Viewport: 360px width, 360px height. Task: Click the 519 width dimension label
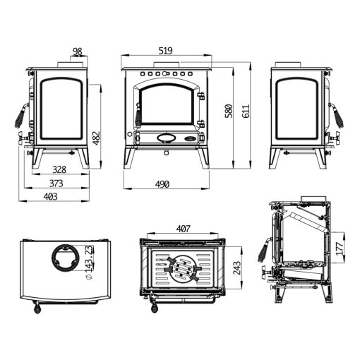pyautogui.click(x=165, y=51)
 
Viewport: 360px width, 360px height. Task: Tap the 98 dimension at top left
pyautogui.click(x=77, y=52)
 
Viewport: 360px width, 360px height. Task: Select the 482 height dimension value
pyautogui.click(x=96, y=138)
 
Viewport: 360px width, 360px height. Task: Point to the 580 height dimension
pyautogui.click(x=229, y=111)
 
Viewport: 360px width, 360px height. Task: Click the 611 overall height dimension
pyautogui.click(x=245, y=111)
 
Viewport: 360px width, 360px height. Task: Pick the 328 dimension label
pyautogui.click(x=59, y=169)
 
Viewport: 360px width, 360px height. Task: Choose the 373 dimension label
pyautogui.click(x=56, y=184)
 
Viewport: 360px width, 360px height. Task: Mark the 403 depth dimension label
pyautogui.click(x=50, y=196)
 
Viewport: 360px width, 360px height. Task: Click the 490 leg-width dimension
pyautogui.click(x=162, y=184)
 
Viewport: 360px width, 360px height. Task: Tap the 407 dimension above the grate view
pyautogui.click(x=183, y=229)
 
